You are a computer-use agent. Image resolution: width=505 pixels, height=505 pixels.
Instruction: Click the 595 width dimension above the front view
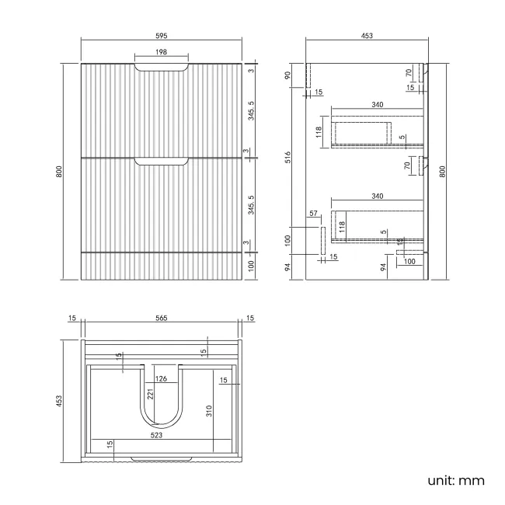tap(162, 36)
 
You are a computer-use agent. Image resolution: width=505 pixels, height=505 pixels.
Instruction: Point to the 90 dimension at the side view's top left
tap(288, 75)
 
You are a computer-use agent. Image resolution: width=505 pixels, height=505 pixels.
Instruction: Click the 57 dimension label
tap(313, 213)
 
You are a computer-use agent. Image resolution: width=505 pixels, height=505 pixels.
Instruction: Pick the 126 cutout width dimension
tap(162, 379)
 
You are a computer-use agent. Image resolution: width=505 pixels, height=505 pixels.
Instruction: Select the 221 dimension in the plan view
tap(151, 395)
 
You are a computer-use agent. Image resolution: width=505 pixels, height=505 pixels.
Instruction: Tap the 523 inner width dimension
tap(156, 436)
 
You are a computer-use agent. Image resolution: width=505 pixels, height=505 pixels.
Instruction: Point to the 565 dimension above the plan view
tap(162, 319)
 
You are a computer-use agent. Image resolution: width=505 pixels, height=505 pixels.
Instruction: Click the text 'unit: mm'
tap(456, 479)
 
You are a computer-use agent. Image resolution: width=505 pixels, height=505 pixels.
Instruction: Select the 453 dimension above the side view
tap(367, 36)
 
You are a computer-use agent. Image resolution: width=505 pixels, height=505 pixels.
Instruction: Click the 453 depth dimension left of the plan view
tap(61, 400)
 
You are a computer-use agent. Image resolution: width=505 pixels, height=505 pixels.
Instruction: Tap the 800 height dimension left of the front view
tap(61, 172)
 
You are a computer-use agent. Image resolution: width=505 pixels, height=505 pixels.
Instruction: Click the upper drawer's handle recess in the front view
tap(162, 69)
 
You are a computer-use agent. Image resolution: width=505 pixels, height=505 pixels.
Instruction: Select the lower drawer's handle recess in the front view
tap(162, 161)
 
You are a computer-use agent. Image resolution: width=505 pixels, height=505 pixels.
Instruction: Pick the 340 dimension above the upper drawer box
tap(377, 105)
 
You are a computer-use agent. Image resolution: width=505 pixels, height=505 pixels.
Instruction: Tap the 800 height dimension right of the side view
tap(444, 172)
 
